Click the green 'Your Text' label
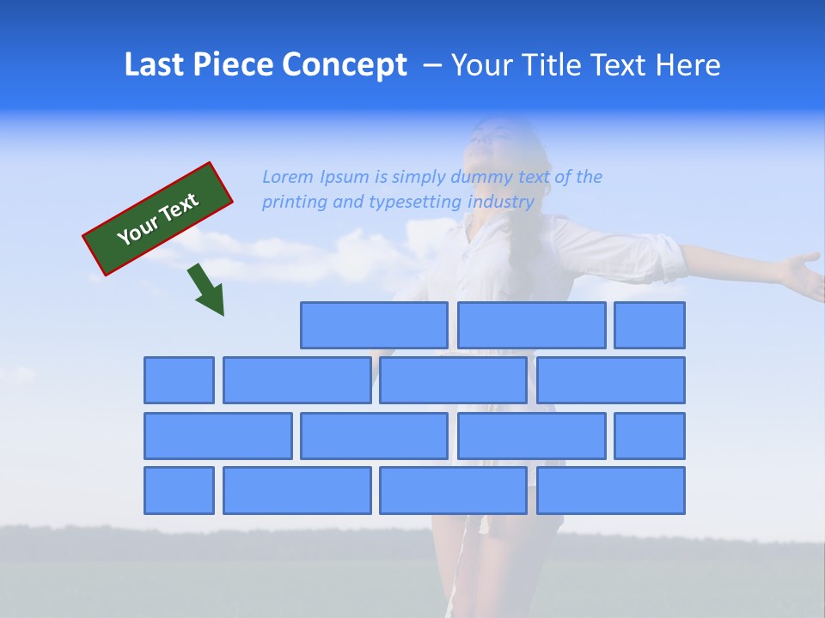click(x=158, y=219)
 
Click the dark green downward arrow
click(x=207, y=289)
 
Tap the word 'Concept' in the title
click(x=346, y=65)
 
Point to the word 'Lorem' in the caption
click(x=288, y=177)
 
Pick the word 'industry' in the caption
click(x=501, y=203)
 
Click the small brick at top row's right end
click(x=650, y=325)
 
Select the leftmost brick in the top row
click(x=374, y=325)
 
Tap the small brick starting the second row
click(x=179, y=380)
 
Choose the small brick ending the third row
click(x=650, y=436)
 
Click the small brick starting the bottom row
click(x=179, y=490)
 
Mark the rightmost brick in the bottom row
click(x=611, y=490)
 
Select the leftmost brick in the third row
click(x=217, y=436)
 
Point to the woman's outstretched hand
click(x=803, y=273)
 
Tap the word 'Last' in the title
click(x=156, y=65)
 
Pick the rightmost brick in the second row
click(x=611, y=380)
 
